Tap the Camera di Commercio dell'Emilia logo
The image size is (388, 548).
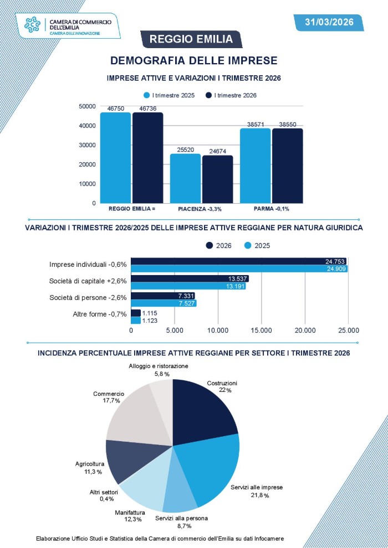point(69,25)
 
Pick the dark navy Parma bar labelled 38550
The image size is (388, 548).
point(287,166)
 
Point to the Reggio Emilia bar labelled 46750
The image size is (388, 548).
point(115,158)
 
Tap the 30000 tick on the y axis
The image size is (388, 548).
point(88,145)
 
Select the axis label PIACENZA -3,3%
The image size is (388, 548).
point(200,209)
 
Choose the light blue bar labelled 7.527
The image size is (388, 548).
point(164,303)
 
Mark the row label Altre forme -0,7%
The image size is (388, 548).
point(100,314)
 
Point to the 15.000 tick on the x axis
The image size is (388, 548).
point(261,330)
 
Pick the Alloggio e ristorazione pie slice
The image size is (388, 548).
point(162,396)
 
